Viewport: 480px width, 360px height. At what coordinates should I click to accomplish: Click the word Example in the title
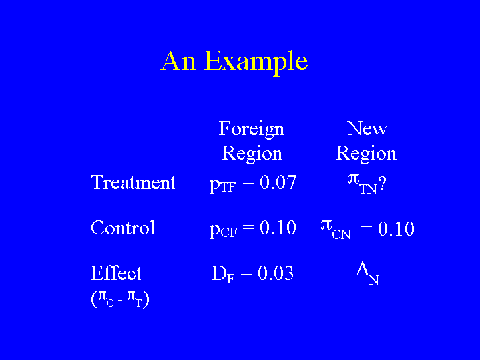[256, 63]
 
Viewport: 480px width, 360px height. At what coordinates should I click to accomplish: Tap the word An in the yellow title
[178, 61]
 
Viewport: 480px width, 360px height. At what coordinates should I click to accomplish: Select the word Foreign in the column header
[251, 130]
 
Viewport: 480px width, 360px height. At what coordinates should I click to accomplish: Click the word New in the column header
[367, 128]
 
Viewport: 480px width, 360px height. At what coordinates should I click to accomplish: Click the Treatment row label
[134, 182]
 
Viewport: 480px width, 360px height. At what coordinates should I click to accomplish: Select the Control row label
[123, 228]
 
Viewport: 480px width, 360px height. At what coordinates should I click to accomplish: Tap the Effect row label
[116, 273]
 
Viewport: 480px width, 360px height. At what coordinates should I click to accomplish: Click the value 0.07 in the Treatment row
[278, 182]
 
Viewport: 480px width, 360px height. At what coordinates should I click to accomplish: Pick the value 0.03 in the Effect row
[276, 273]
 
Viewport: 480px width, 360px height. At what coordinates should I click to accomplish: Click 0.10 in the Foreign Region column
[278, 228]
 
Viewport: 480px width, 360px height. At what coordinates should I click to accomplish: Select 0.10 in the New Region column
[396, 228]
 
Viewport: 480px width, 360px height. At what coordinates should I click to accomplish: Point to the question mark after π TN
[382, 184]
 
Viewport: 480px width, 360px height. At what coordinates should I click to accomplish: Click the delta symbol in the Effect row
[363, 269]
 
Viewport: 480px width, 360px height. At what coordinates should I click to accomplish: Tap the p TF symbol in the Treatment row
[222, 184]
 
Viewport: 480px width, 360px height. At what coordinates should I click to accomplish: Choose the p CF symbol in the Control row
[223, 230]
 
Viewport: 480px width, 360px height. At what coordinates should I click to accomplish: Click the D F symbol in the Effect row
[223, 274]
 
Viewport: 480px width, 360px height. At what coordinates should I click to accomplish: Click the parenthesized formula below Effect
[120, 299]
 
